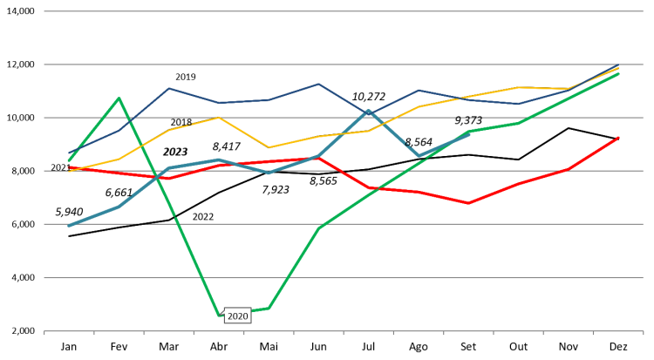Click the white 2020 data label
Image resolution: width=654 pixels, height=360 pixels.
[x=237, y=316]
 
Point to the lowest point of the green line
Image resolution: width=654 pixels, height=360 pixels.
[x=219, y=315]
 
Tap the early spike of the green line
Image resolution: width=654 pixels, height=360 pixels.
[x=119, y=98]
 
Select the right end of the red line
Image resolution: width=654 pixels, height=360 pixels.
[x=618, y=137]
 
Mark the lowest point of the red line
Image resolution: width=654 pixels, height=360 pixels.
[x=468, y=203]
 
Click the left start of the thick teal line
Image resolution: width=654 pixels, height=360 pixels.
[x=69, y=226]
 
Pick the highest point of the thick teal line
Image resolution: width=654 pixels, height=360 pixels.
[x=369, y=112]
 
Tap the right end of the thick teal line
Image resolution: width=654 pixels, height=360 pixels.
[x=469, y=134]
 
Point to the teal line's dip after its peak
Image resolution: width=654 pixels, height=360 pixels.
[x=419, y=156]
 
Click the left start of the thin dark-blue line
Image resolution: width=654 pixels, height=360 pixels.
[x=69, y=153]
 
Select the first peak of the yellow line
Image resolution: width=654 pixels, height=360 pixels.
[x=219, y=118]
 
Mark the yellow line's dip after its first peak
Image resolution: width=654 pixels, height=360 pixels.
[x=269, y=147]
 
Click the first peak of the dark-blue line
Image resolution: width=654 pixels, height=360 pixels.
[x=169, y=88]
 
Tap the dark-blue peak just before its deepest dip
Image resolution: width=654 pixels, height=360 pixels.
[x=319, y=85]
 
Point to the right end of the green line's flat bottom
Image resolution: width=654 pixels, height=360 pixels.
[x=269, y=308]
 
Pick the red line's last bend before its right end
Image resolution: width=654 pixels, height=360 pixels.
[x=569, y=168]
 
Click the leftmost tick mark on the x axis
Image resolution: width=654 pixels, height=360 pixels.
[x=44, y=333]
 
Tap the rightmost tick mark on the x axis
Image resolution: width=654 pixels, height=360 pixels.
[x=643, y=333]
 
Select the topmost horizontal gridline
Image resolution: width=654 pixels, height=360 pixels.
[x=344, y=11]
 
